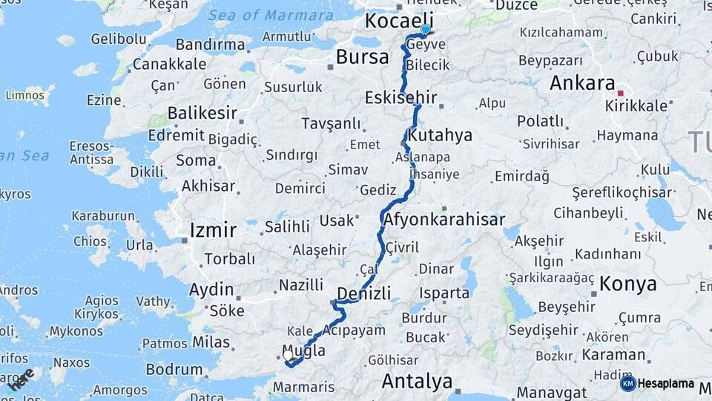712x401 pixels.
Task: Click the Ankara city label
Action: pos(583,82)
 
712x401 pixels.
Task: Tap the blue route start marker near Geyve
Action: pos(425,30)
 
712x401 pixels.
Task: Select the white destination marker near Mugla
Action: pos(288,356)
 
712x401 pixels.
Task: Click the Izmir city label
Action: pos(213,229)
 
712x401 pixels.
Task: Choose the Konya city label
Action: pos(628,283)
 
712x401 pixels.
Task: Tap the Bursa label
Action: pos(362,56)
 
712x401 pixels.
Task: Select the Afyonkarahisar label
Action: pos(444,219)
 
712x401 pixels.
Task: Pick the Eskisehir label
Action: pos(401,97)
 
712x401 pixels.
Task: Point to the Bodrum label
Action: pos(174,369)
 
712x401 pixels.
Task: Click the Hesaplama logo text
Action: pos(665,383)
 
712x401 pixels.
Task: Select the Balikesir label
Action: pos(202,113)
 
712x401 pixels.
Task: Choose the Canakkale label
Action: pos(169,64)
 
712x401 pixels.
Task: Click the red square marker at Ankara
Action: pos(621,94)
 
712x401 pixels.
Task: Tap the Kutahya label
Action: pos(440,135)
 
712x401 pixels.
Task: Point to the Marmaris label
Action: pos(304,387)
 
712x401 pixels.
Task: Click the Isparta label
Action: pos(444,293)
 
